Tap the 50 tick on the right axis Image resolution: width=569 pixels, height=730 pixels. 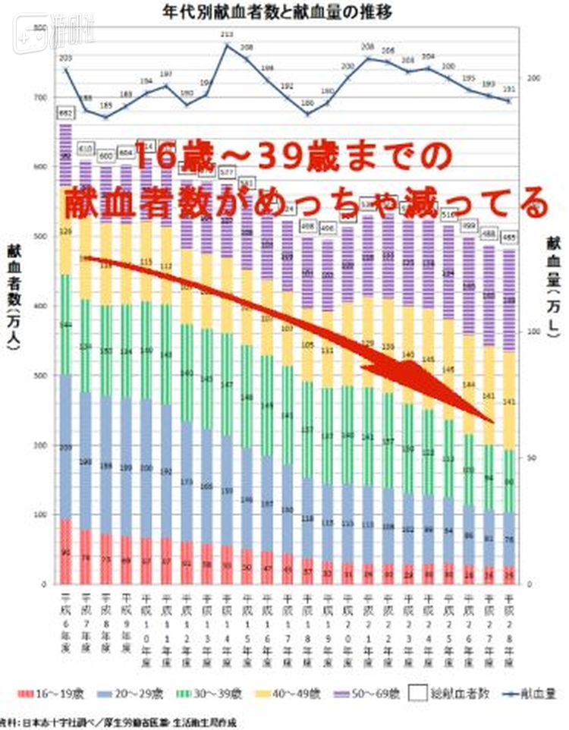(x=531, y=457)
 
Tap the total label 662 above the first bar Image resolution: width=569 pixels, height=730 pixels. (x=65, y=114)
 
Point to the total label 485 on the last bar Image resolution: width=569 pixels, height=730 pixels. (x=509, y=235)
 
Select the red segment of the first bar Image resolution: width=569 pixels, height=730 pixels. (x=66, y=552)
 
